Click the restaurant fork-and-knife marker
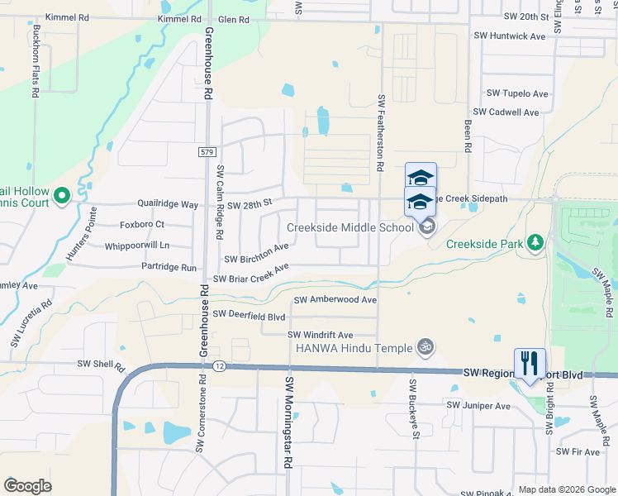tap(530, 362)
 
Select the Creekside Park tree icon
tap(535, 242)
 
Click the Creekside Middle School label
tap(350, 227)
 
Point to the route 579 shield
tap(207, 151)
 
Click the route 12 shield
tap(217, 365)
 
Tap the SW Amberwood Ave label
tap(335, 299)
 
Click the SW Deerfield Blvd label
tap(249, 315)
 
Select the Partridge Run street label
tap(169, 268)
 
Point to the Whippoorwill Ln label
tap(136, 246)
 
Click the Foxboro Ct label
tap(142, 224)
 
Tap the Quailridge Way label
tap(168, 204)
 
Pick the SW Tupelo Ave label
tap(517, 93)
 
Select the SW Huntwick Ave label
tap(510, 36)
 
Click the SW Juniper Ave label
tap(478, 406)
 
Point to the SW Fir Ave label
tap(578, 451)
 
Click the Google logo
tap(28, 486)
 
